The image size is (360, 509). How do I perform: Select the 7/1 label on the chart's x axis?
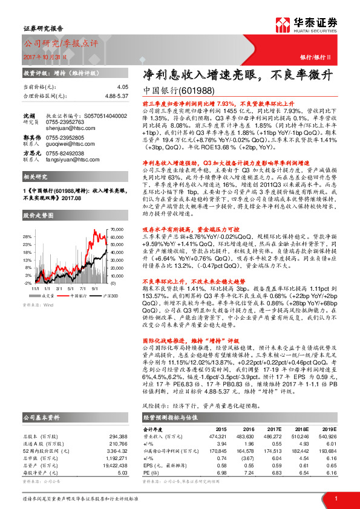pyautogui.click(x=83, y=288)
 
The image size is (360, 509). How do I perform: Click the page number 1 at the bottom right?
pyautogui.click(x=335, y=498)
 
